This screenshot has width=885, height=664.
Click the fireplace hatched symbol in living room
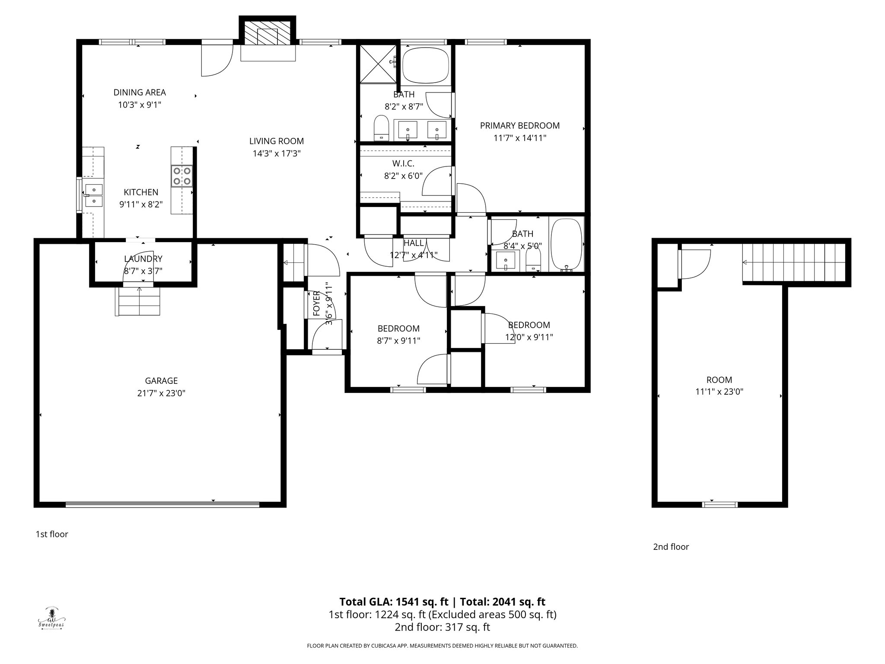[267, 32]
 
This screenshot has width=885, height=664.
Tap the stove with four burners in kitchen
[181, 176]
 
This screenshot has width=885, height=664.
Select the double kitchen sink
[93, 195]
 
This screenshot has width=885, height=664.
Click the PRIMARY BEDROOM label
[519, 126]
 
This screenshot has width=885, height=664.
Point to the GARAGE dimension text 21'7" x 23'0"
[161, 393]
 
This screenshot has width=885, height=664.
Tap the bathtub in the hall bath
[566, 245]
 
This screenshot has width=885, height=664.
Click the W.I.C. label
[403, 164]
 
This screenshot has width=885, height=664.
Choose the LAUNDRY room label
[143, 259]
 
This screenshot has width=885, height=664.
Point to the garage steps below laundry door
[138, 301]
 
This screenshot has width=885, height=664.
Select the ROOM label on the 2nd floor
[719, 380]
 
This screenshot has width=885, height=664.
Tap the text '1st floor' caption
[52, 534]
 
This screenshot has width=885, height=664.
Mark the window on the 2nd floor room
[719, 504]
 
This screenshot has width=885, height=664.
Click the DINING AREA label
[140, 93]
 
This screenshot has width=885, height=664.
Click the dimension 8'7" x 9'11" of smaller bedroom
[398, 341]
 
